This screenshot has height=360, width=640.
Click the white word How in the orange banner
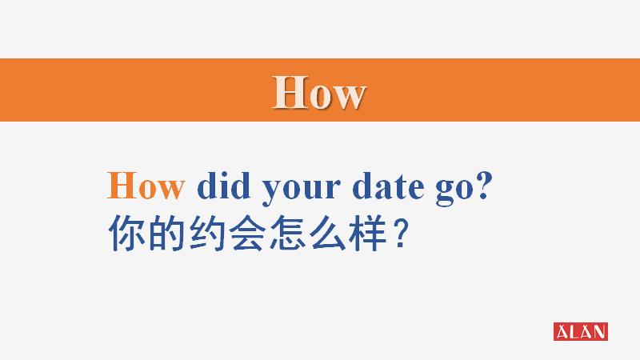coord(319,93)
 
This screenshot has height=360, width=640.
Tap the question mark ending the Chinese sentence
coord(405,234)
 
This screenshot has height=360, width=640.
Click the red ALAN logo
coord(581,331)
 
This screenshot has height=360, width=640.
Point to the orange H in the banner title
coord(288,93)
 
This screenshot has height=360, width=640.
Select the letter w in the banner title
coord(349,96)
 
